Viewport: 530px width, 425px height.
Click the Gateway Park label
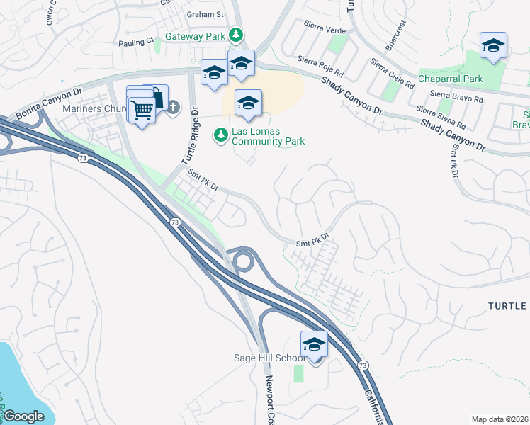196,36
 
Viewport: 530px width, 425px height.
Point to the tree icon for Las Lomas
221,133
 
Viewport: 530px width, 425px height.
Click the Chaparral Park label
450,79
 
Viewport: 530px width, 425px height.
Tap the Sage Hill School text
270,358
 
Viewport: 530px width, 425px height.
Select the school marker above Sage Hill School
314,345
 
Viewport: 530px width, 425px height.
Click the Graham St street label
205,13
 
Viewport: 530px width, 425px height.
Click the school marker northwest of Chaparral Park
493,46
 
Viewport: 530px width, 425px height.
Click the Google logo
24,416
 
